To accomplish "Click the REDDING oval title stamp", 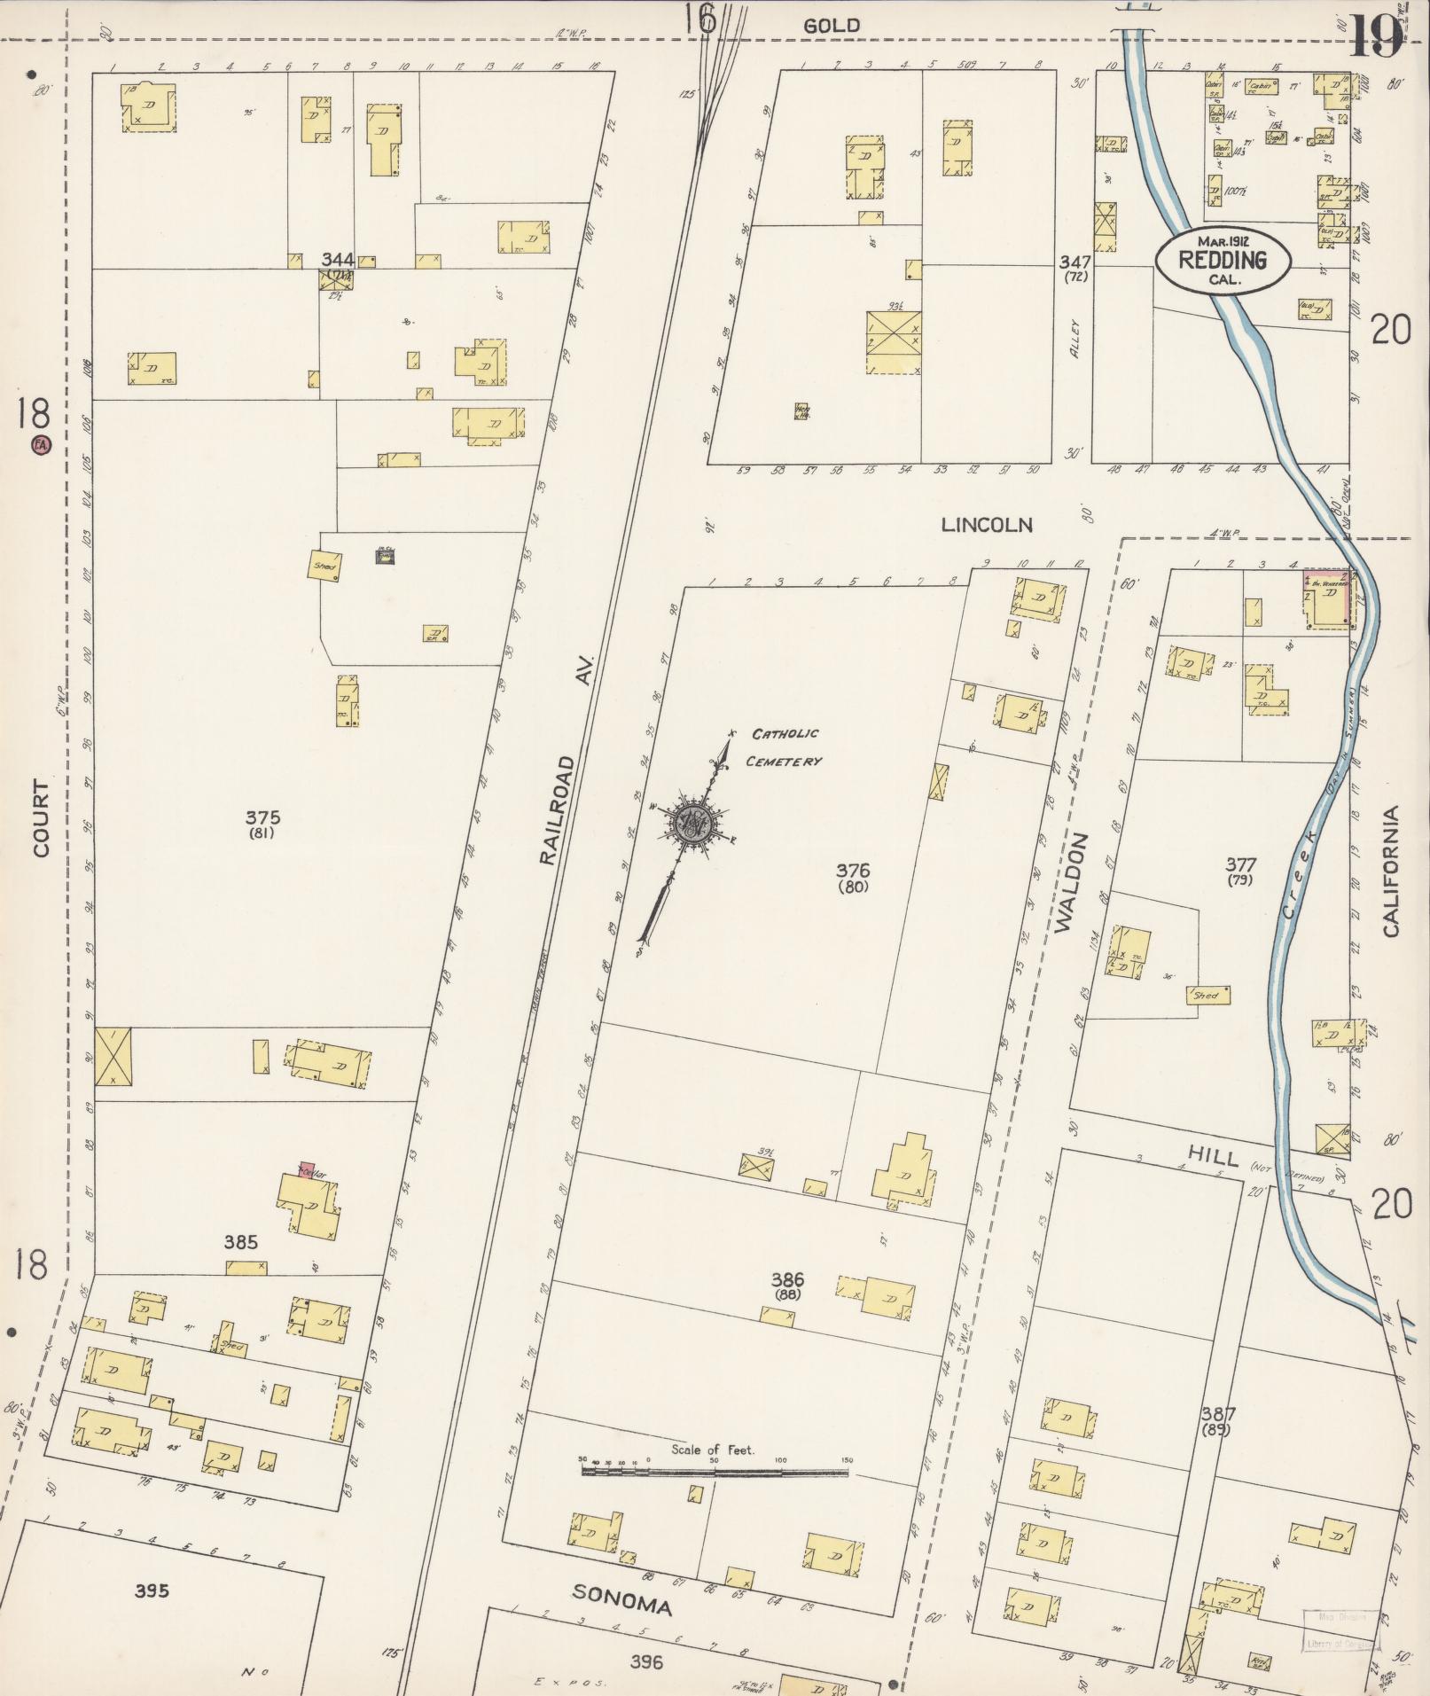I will (1223, 260).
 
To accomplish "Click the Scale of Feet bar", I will (715, 1473).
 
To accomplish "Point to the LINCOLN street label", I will (987, 525).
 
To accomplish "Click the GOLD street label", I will (831, 26).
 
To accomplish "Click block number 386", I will (786, 1278).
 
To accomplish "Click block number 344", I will (338, 260).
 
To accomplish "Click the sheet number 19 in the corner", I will (1376, 35).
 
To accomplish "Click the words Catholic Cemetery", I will (785, 747).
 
